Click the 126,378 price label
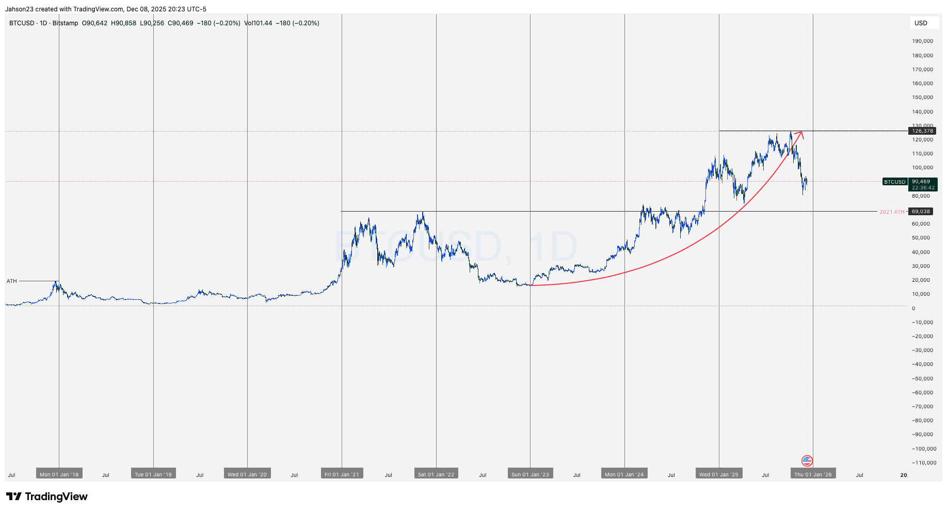pos(922,131)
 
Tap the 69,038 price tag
pos(921,212)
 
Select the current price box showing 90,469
pos(923,184)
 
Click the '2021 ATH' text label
pos(892,212)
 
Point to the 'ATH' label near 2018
pos(12,281)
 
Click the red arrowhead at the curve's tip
pos(801,134)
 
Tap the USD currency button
pos(921,23)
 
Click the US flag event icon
pos(807,461)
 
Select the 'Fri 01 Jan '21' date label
pos(342,474)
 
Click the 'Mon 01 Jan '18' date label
pos(59,474)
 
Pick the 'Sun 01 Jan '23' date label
pos(530,474)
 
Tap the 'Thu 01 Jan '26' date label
pos(813,474)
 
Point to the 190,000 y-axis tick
pos(922,41)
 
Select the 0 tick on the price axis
pos(913,309)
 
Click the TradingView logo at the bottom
pos(47,497)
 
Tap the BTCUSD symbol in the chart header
pos(22,23)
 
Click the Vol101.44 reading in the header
pos(258,23)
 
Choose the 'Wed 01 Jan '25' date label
pos(719,474)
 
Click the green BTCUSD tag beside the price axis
pos(895,182)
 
